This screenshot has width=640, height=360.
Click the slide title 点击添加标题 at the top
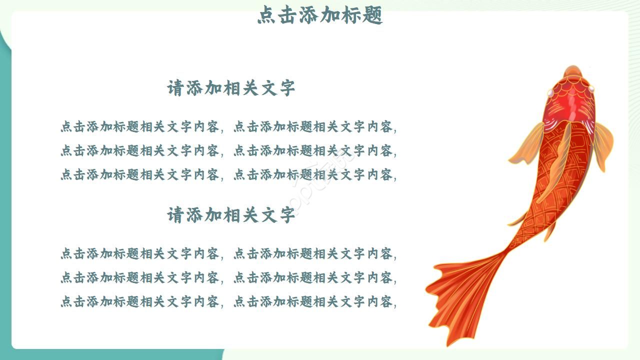tap(320, 15)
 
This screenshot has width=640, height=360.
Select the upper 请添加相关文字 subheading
tap(231, 88)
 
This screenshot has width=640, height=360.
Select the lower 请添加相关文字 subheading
tap(231, 215)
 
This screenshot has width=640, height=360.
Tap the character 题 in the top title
tap(373, 15)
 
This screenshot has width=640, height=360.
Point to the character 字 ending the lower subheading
tap(287, 215)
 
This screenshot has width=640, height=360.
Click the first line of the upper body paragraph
tap(228, 127)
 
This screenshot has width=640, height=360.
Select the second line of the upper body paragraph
tap(228, 150)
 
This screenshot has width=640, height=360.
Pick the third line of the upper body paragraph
tap(228, 174)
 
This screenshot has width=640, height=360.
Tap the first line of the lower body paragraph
tap(228, 254)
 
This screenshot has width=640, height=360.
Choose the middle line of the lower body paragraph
tap(228, 277)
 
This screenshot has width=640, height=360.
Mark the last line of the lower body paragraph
tap(228, 301)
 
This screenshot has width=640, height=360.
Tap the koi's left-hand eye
tap(550, 92)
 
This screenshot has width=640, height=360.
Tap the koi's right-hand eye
tap(591, 89)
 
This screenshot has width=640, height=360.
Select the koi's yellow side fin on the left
tap(527, 145)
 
